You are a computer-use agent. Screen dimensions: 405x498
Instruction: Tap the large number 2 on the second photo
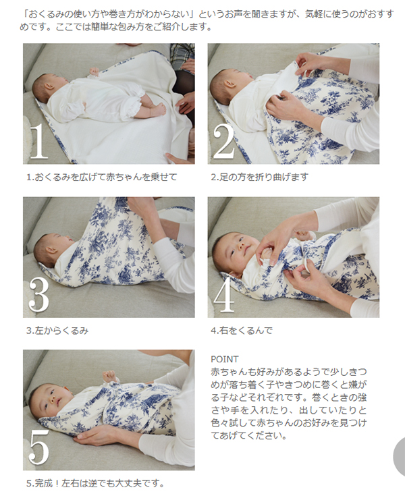(x=223, y=141)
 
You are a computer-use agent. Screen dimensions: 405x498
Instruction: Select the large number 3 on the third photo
(x=38, y=294)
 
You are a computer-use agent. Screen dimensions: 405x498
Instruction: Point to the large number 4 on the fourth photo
(x=224, y=294)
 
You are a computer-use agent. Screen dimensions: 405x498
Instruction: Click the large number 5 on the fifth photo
(x=38, y=448)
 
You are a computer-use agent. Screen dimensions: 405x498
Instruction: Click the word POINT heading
(x=225, y=359)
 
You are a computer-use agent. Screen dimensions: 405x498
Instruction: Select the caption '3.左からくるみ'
(x=57, y=331)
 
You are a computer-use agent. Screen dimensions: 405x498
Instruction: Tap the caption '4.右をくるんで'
(x=242, y=331)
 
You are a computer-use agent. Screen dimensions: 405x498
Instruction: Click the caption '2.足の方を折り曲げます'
(x=259, y=177)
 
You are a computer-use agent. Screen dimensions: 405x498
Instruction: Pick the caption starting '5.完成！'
(x=96, y=484)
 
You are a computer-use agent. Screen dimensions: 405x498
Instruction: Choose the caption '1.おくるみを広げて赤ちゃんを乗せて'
(x=101, y=177)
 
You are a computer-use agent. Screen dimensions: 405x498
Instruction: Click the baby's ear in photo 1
(x=48, y=86)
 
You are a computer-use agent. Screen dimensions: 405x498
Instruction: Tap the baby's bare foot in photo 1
(x=158, y=110)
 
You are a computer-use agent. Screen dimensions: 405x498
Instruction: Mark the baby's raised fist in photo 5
(x=109, y=376)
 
